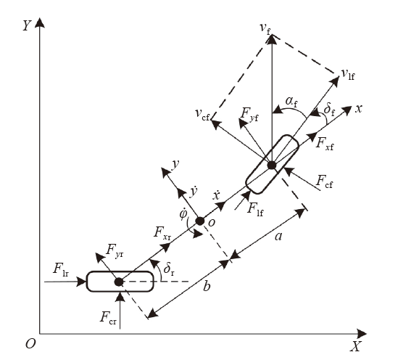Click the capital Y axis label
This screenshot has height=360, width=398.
point(27,25)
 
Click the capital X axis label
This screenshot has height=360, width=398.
point(355,346)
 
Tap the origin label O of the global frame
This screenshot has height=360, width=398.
point(30,344)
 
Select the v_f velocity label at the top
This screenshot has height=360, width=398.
point(265,28)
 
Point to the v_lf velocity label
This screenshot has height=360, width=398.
point(348,75)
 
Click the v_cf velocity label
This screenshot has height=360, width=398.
point(202,114)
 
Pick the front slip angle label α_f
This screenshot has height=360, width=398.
point(291,102)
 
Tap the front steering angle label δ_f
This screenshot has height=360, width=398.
point(329,110)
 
